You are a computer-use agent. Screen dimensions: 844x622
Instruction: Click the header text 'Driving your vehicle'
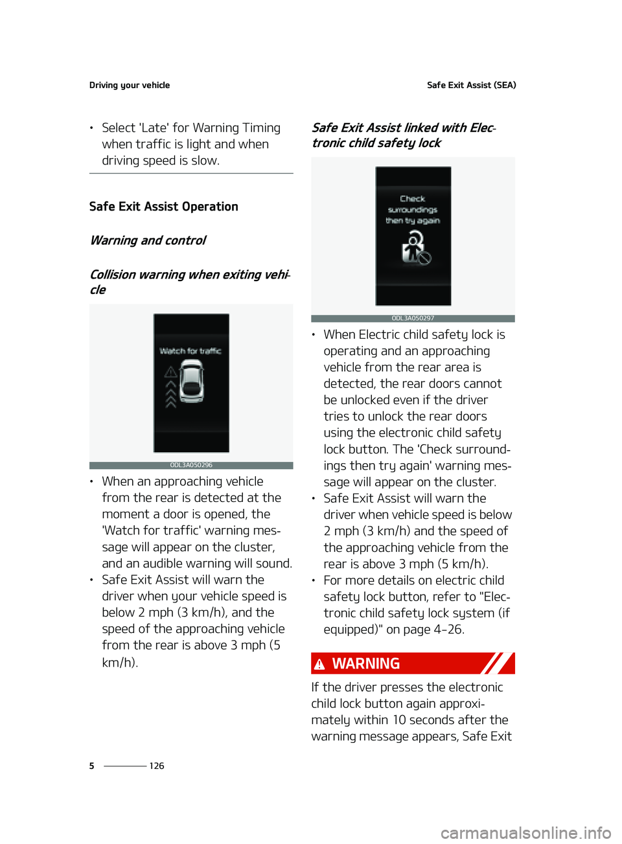[130, 85]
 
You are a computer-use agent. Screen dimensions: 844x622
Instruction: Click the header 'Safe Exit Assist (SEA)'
[471, 85]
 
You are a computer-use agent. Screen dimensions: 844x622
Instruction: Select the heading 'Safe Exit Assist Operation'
[164, 207]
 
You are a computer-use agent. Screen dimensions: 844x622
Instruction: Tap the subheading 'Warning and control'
[148, 240]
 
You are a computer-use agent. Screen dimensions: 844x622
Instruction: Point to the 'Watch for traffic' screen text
[190, 351]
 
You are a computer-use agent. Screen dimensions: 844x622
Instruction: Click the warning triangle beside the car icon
[170, 372]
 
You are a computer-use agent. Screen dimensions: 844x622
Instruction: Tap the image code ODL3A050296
[191, 465]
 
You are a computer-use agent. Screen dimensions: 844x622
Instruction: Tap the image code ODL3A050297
[413, 318]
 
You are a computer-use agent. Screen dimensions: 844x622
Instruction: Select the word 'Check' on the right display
[413, 199]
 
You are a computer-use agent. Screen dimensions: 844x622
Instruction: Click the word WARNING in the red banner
[366, 664]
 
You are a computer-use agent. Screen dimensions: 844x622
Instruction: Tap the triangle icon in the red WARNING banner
[319, 665]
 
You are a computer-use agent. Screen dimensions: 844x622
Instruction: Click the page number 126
[157, 766]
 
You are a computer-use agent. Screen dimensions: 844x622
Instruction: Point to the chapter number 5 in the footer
[91, 766]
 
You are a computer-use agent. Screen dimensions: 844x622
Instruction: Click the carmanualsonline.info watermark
[525, 832]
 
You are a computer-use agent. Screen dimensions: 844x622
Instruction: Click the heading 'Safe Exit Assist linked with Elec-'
[404, 128]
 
